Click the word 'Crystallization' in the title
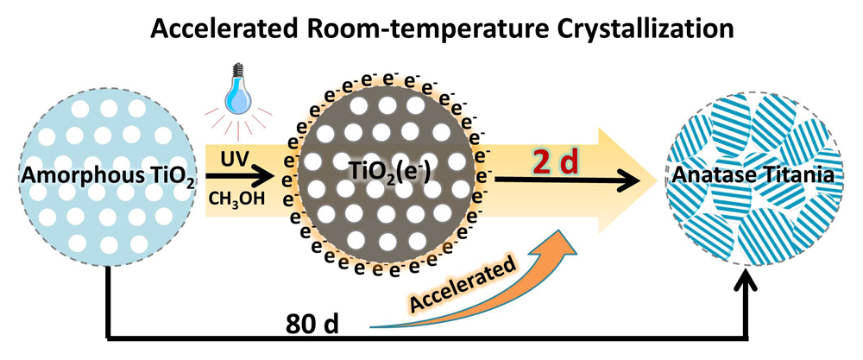[647, 29]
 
